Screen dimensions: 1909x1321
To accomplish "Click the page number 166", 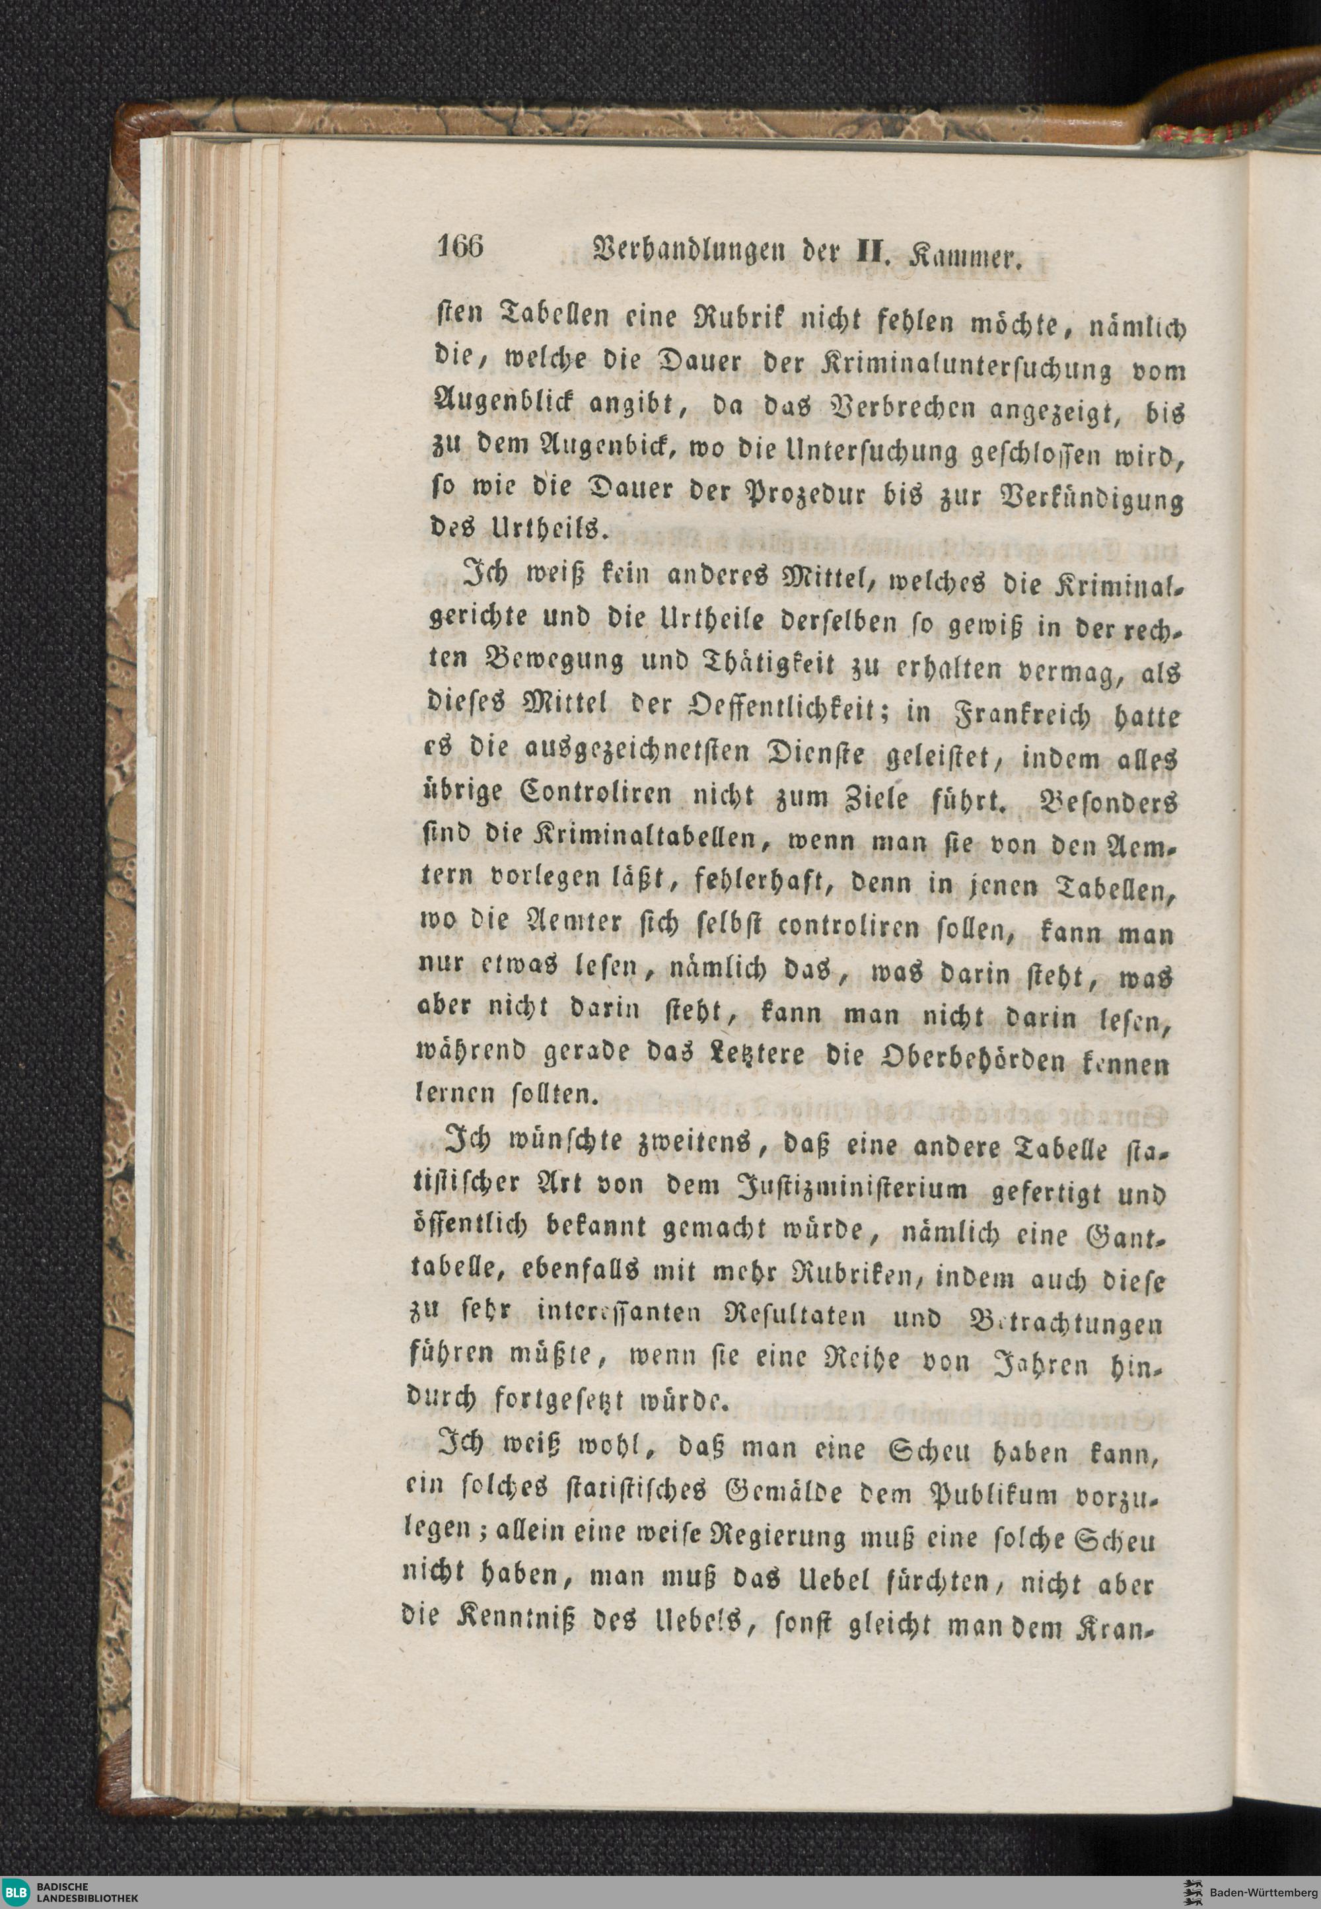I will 461,248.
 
